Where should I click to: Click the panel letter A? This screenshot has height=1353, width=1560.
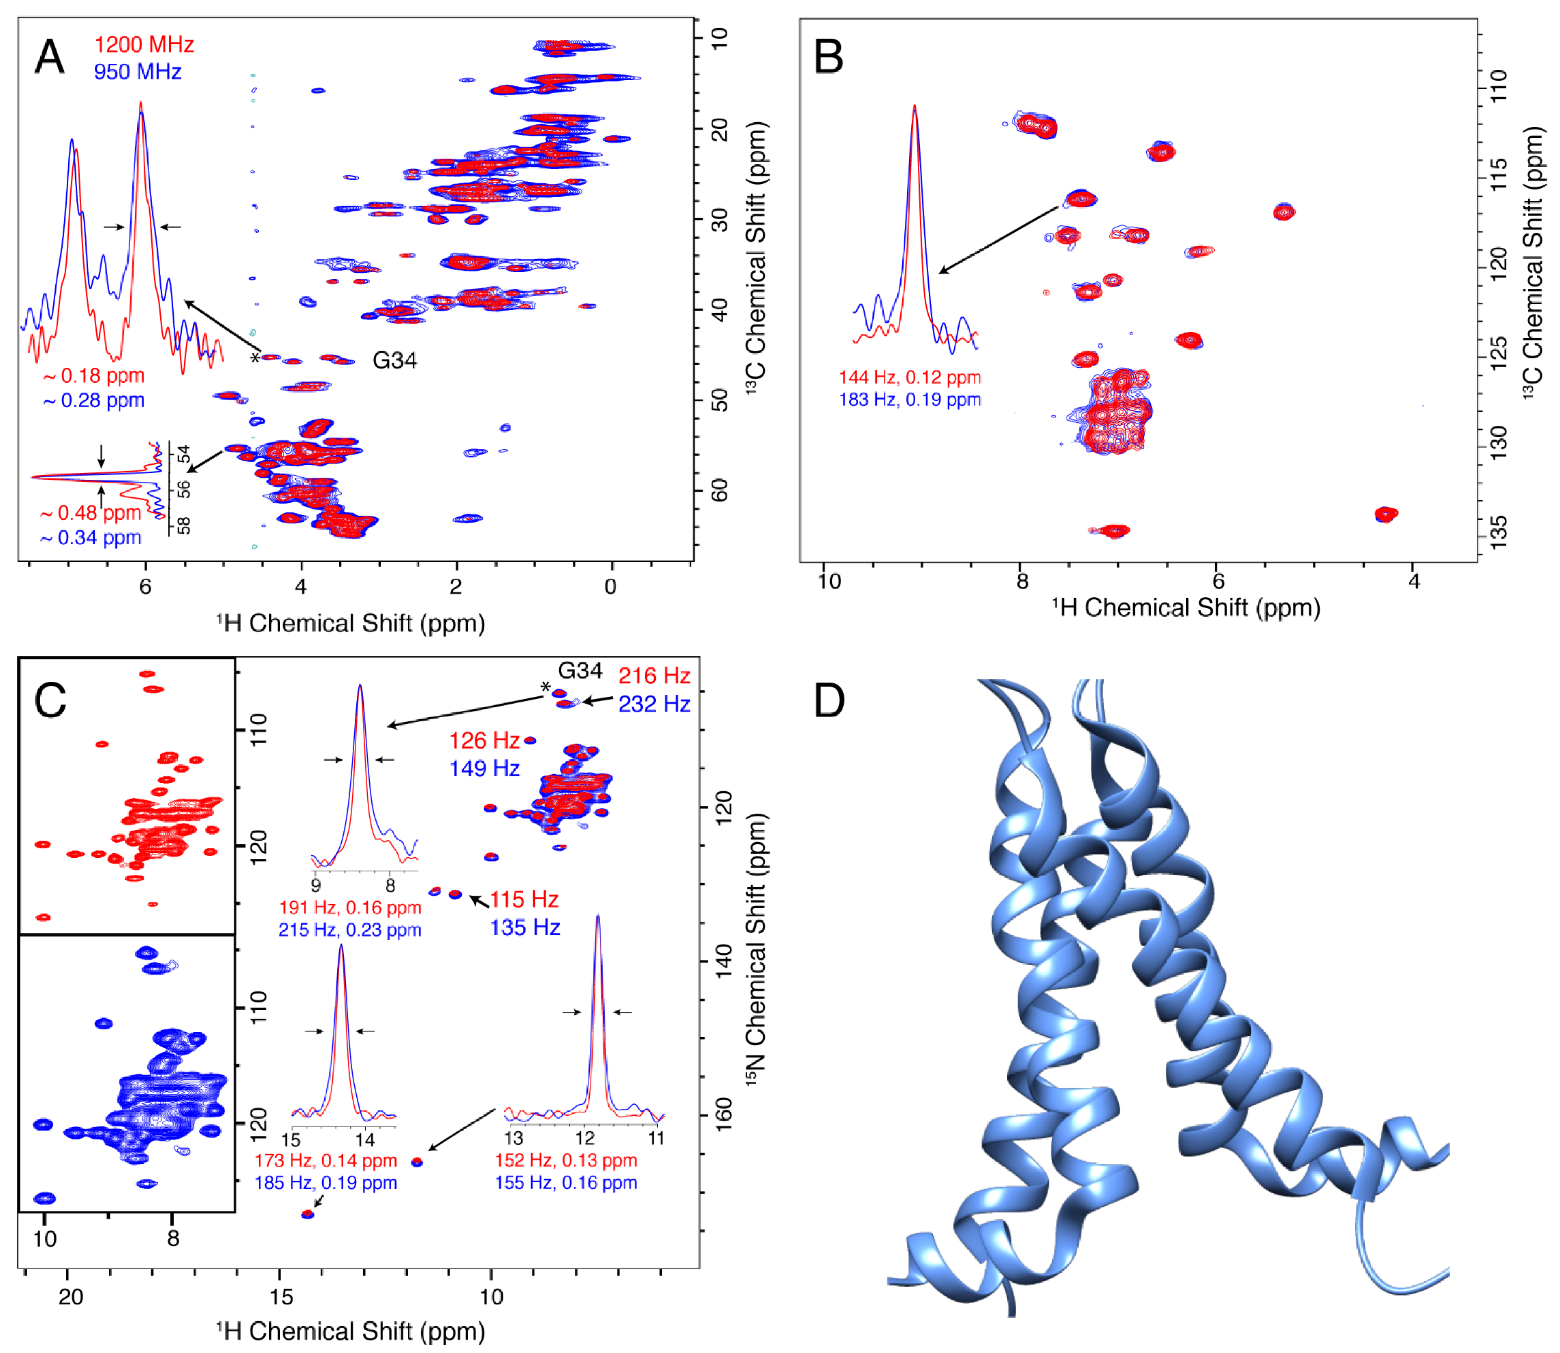(50, 57)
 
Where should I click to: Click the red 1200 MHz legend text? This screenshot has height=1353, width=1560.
(144, 45)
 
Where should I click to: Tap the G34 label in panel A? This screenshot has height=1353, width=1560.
(394, 361)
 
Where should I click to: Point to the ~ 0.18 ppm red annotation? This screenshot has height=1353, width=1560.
(94, 376)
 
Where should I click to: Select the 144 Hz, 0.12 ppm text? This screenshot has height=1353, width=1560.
(909, 378)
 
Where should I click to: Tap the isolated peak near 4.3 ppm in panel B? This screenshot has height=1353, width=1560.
(1386, 515)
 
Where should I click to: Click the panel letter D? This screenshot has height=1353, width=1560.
(829, 701)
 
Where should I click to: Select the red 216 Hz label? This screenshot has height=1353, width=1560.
(653, 676)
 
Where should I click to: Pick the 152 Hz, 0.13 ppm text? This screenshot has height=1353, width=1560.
(566, 1161)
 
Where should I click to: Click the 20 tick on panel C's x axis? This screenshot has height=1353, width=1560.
(70, 1297)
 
